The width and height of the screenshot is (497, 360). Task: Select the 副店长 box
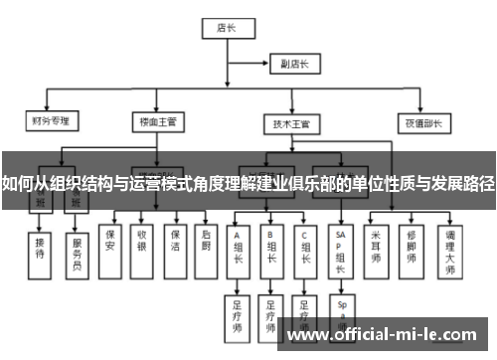(296, 65)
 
